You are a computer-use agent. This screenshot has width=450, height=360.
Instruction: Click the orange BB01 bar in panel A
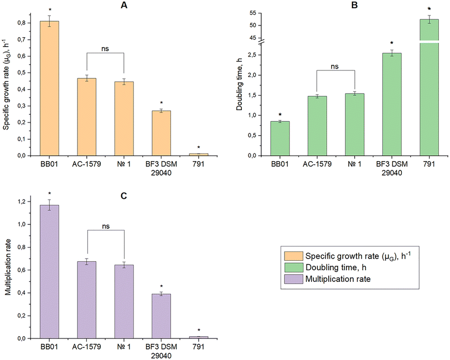49,89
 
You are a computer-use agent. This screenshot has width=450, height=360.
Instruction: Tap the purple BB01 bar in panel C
49,271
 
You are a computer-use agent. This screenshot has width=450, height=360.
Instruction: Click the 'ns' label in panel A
105,48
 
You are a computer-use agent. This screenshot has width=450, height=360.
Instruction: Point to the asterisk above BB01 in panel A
49,11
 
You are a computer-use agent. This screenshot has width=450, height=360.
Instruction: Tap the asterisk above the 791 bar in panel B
429,9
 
